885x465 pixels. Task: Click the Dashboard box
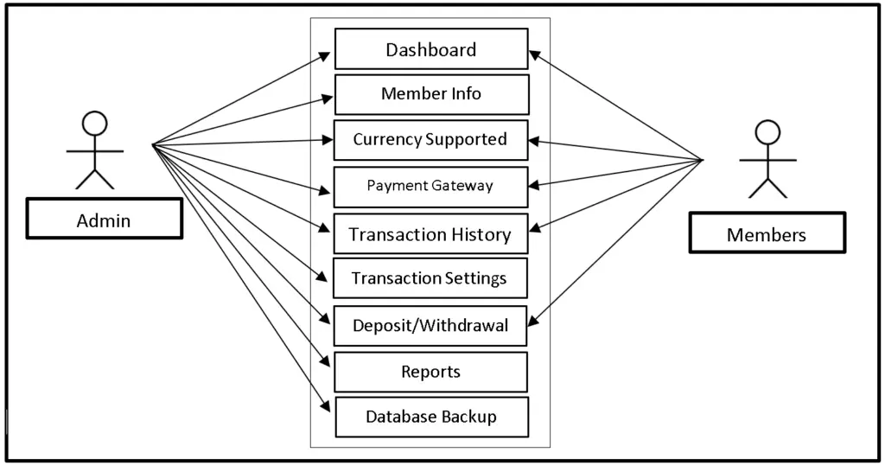pos(430,49)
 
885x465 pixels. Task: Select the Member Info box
pos(430,94)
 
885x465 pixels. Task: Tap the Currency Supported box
pos(430,140)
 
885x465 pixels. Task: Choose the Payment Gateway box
pos(430,186)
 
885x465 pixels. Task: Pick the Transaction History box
pos(430,234)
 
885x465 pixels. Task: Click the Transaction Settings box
pos(430,278)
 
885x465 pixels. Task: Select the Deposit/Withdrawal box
pos(430,326)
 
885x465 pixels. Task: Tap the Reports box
pos(430,372)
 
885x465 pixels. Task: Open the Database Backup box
pos(430,417)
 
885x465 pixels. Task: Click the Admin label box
pos(104,220)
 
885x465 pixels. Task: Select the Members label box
pos(767,233)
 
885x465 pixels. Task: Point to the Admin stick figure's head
pos(94,124)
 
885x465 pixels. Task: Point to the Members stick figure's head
pos(767,131)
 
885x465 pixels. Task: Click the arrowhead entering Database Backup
pos(326,406)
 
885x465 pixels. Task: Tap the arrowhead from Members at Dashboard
pos(535,54)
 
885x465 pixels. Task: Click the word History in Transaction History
pos(481,234)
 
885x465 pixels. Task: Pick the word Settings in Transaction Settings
pos(476,278)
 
